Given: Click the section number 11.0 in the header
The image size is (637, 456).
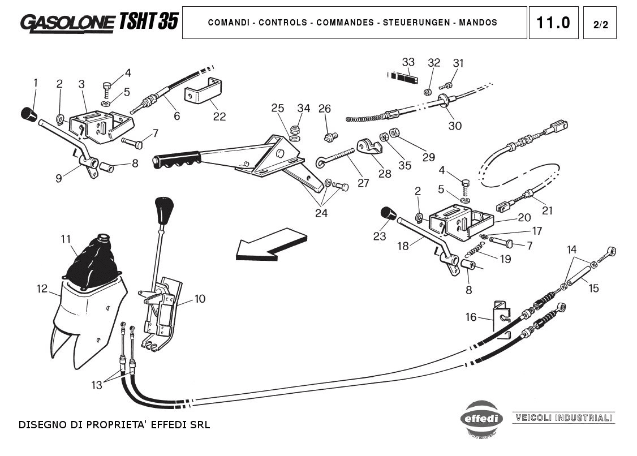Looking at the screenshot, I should point(553,23).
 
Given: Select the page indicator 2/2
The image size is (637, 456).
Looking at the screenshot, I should point(600,24).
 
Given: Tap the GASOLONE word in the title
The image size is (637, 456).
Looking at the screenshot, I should point(67,22).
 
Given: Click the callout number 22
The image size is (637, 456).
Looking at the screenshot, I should point(219,117).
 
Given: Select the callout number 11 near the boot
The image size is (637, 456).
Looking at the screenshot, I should point(66,239).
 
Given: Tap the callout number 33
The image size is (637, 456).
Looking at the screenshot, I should point(408,62).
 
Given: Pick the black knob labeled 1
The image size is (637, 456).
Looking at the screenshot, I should point(28,114).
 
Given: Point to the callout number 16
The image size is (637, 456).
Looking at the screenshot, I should point(471,317).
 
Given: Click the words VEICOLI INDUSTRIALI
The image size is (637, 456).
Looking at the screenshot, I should point(563,418).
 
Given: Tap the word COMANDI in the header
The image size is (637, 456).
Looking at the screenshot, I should point(229,23).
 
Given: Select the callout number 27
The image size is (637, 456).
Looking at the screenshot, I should point(363,183).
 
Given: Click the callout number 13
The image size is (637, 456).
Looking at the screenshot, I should point(97,385).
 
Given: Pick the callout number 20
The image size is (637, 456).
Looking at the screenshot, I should point(524,217).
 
